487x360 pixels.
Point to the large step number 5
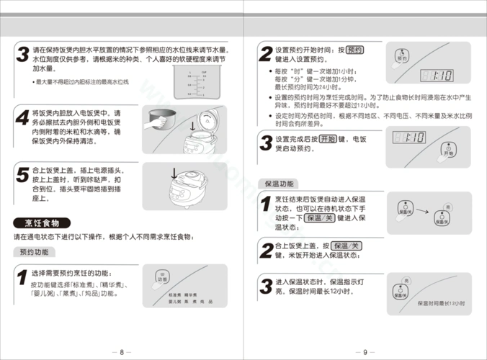pyautogui.click(x=22, y=174)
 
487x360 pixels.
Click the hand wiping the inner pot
pyautogui.click(x=153, y=121)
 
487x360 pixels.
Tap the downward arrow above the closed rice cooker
pyautogui.click(x=174, y=172)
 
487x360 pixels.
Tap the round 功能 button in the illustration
pyautogui.click(x=162, y=278)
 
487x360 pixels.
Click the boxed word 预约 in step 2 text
pyautogui.click(x=355, y=50)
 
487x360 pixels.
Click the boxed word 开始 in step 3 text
pyautogui.click(x=328, y=138)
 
